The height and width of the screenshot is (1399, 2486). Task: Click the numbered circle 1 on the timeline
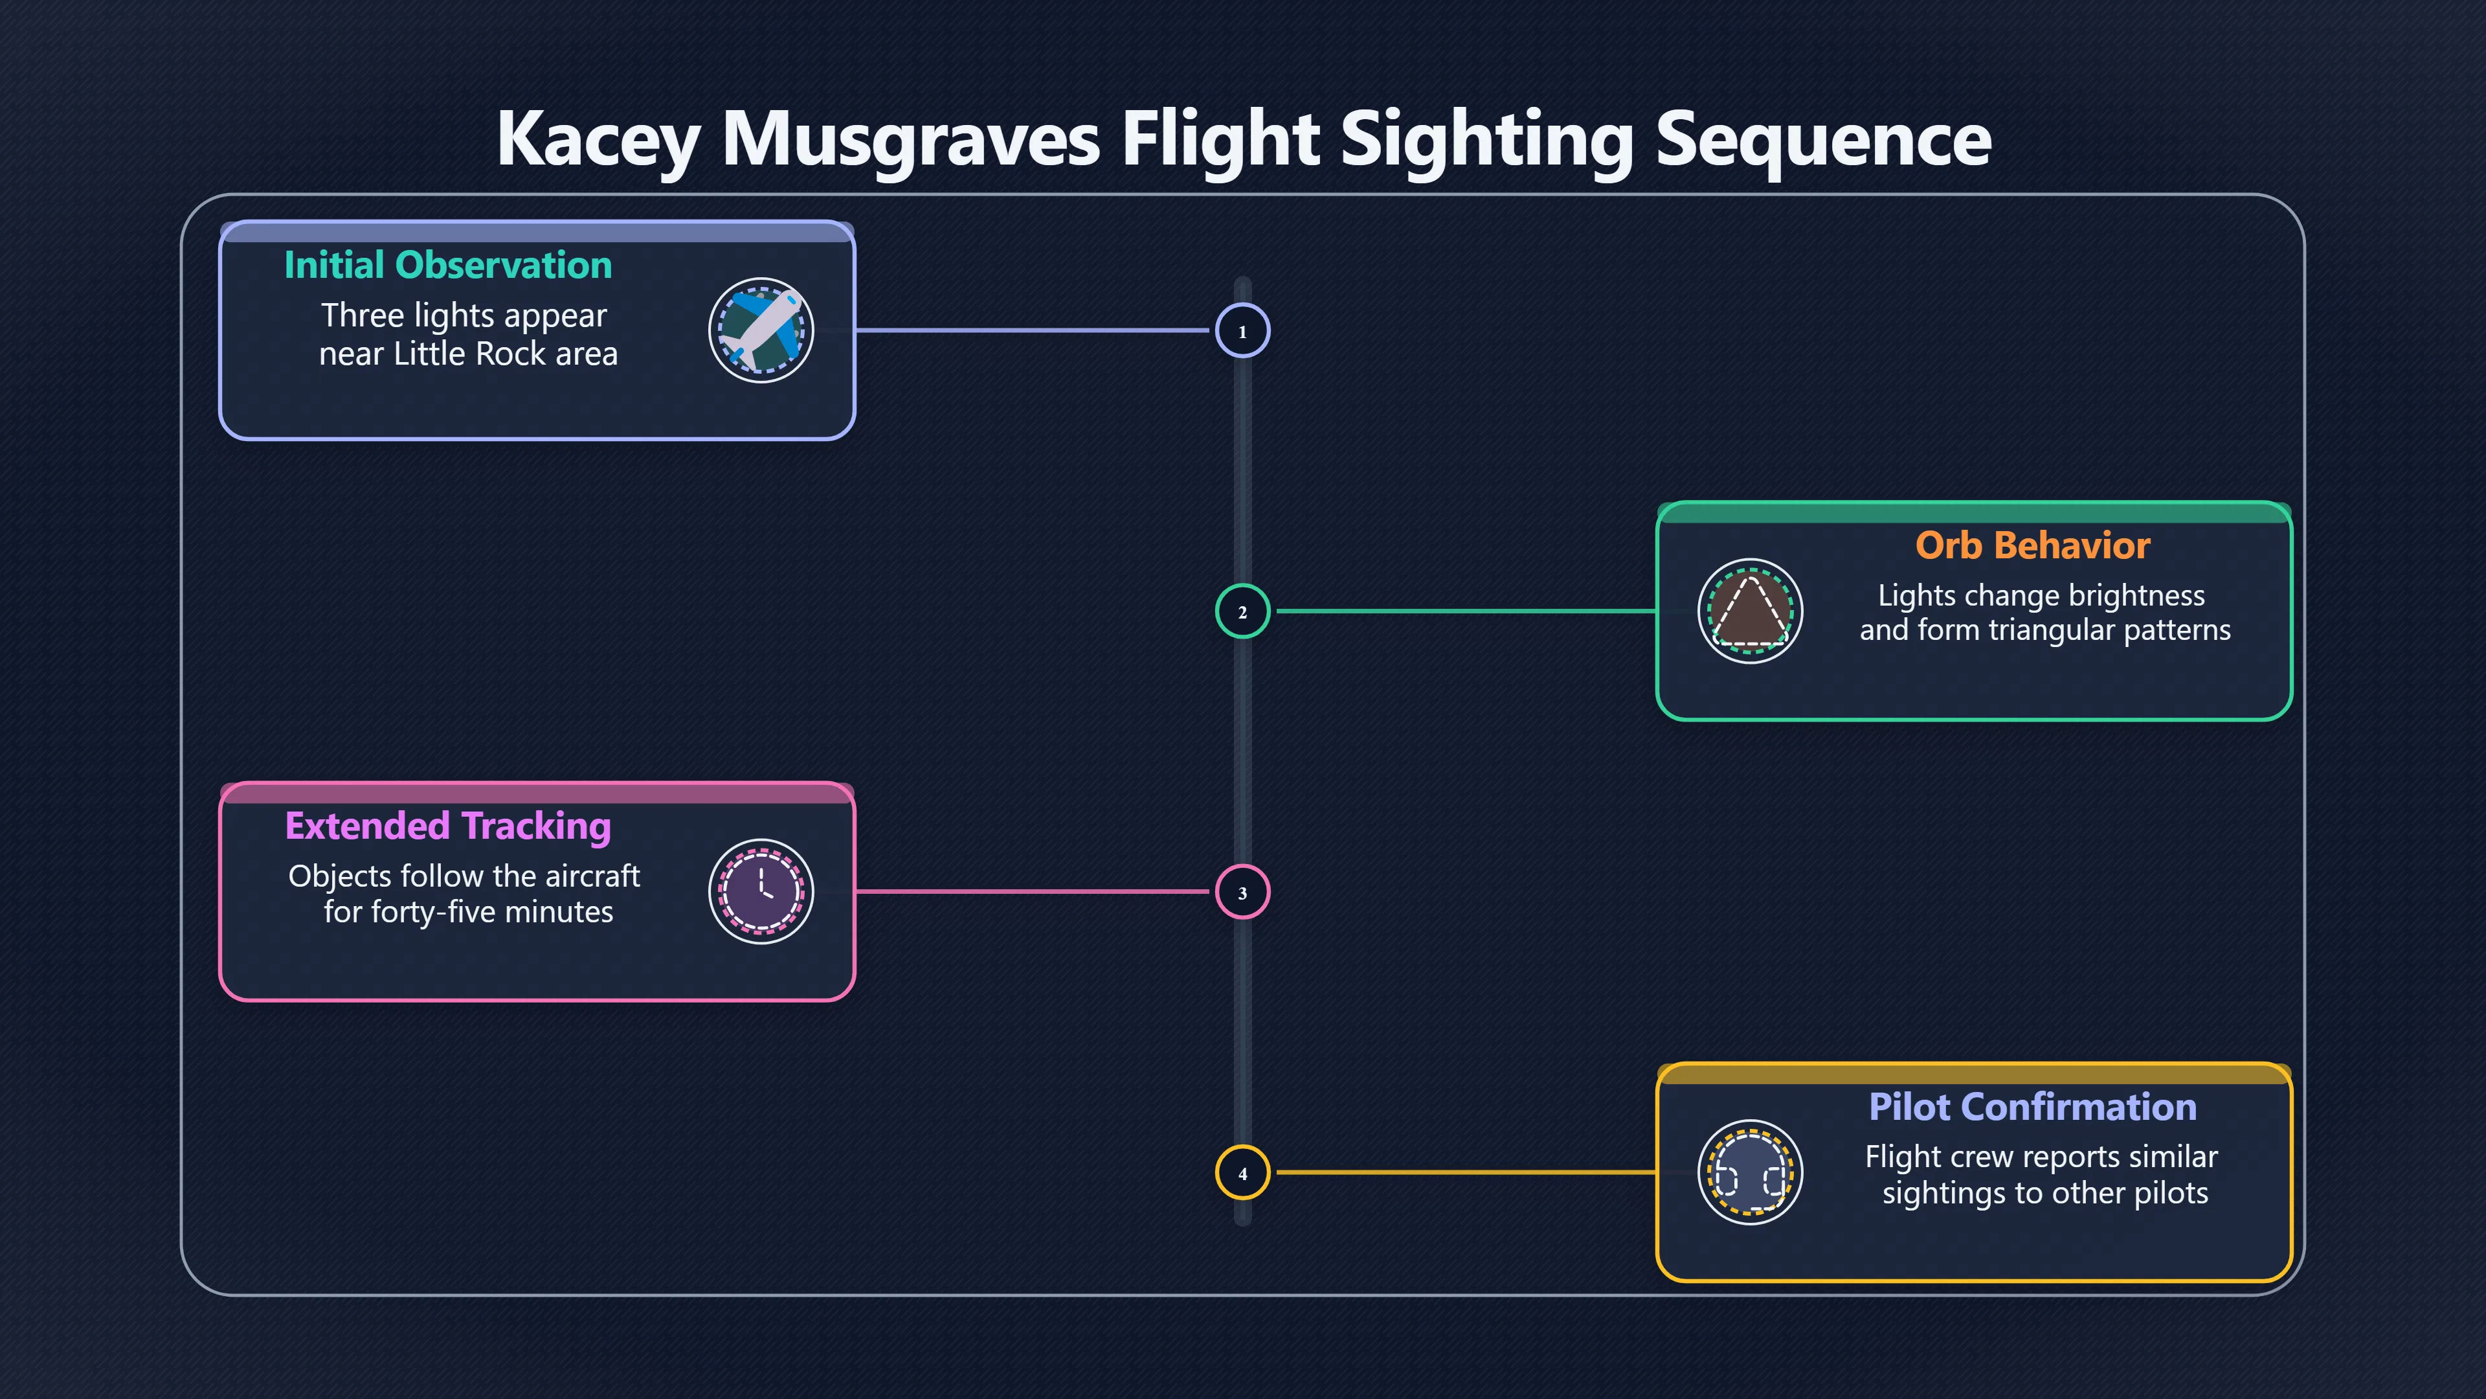point(1242,330)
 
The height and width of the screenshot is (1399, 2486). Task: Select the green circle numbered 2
point(1242,611)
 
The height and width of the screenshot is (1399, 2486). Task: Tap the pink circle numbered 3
point(1242,892)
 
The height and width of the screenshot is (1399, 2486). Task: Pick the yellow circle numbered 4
point(1242,1173)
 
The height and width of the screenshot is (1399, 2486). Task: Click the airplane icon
point(761,330)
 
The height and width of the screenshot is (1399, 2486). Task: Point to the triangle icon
point(1750,611)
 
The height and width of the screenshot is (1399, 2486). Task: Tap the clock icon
point(761,892)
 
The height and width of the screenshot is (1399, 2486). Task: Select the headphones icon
point(1750,1173)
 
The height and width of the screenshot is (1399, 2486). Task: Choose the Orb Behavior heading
point(2032,545)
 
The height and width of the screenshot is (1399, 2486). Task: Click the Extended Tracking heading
point(448,826)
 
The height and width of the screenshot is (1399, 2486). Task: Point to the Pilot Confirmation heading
point(2032,1106)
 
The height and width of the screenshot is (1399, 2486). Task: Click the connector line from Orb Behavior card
point(1467,611)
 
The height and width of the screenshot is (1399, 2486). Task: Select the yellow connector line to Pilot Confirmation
point(1467,1173)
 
